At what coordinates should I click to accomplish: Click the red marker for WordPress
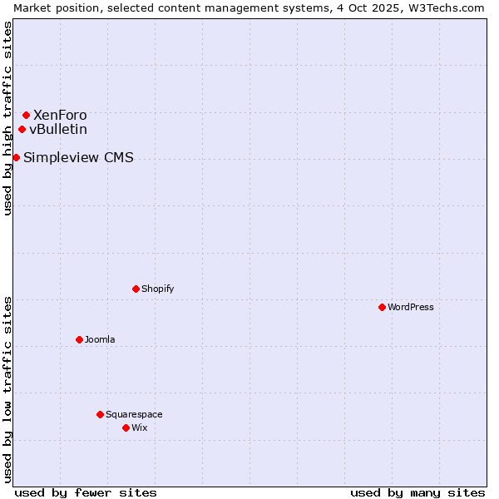point(382,307)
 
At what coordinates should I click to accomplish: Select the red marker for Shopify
point(136,289)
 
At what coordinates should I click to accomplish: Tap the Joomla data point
point(79,339)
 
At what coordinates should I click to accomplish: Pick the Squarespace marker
point(100,414)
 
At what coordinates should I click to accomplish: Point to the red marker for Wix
point(126,427)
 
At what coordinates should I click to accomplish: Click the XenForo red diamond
point(26,115)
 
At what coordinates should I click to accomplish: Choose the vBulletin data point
point(22,129)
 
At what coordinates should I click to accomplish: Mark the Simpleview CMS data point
point(16,157)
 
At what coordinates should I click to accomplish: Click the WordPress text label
point(411,308)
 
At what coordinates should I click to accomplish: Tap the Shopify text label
point(158,289)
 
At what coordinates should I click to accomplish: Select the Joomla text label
point(100,340)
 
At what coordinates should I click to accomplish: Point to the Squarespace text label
point(134,415)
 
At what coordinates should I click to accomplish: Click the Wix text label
point(140,428)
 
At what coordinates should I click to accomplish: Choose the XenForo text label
point(60,116)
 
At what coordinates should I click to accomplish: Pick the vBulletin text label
point(58,130)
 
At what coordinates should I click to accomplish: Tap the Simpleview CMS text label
point(78,158)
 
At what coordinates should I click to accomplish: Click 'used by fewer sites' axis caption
point(86,492)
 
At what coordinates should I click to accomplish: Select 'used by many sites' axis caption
point(417,492)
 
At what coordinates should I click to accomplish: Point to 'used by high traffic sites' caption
point(7,118)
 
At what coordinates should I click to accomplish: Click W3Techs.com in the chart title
point(446,7)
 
